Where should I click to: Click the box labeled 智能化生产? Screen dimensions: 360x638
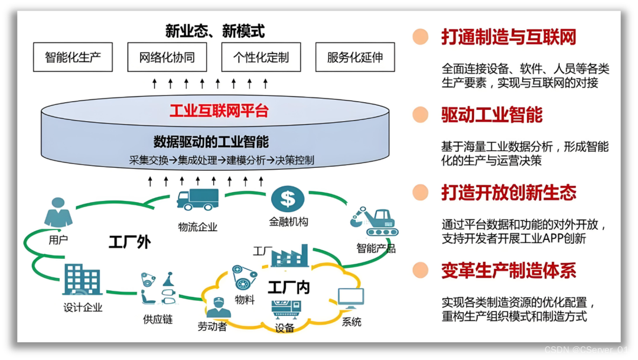pyautogui.click(x=73, y=57)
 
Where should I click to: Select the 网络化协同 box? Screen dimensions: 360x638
pyautogui.click(x=167, y=57)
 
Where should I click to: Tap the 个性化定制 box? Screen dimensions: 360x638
pyautogui.click(x=261, y=57)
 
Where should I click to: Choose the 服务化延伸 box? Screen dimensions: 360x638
pyautogui.click(x=354, y=57)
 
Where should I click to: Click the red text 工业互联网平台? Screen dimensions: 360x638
pyautogui.click(x=219, y=111)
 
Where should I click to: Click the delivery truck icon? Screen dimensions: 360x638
pyautogui.click(x=197, y=200)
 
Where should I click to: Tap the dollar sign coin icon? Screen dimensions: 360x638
pyautogui.click(x=288, y=199)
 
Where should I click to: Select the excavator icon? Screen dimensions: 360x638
pyautogui.click(x=373, y=222)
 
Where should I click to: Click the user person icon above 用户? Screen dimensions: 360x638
pyautogui.click(x=58, y=213)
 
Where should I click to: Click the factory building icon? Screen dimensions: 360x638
pyautogui.click(x=289, y=255)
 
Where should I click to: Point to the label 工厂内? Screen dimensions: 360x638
pyautogui.click(x=288, y=288)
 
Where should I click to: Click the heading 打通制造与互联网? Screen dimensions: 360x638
pyautogui.click(x=508, y=37)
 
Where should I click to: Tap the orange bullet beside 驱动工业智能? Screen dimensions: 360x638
pyautogui.click(x=421, y=115)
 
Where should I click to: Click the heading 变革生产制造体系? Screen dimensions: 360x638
pyautogui.click(x=508, y=271)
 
